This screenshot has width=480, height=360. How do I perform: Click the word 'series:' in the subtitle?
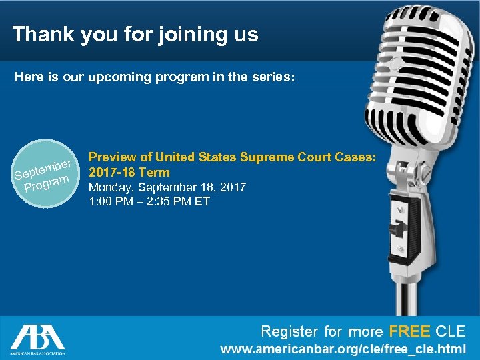pyautogui.click(x=271, y=77)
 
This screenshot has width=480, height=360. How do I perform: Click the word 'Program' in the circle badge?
pyautogui.click(x=47, y=183)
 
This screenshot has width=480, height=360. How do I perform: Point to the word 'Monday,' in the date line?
pyautogui.click(x=110, y=187)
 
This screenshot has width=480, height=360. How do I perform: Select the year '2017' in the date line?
pyautogui.click(x=232, y=187)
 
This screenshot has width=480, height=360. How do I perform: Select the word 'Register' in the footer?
pyautogui.click(x=289, y=331)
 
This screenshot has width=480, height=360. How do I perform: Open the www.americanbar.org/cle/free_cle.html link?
pyautogui.click(x=344, y=349)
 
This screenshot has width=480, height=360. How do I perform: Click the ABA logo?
pyautogui.click(x=37, y=337)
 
